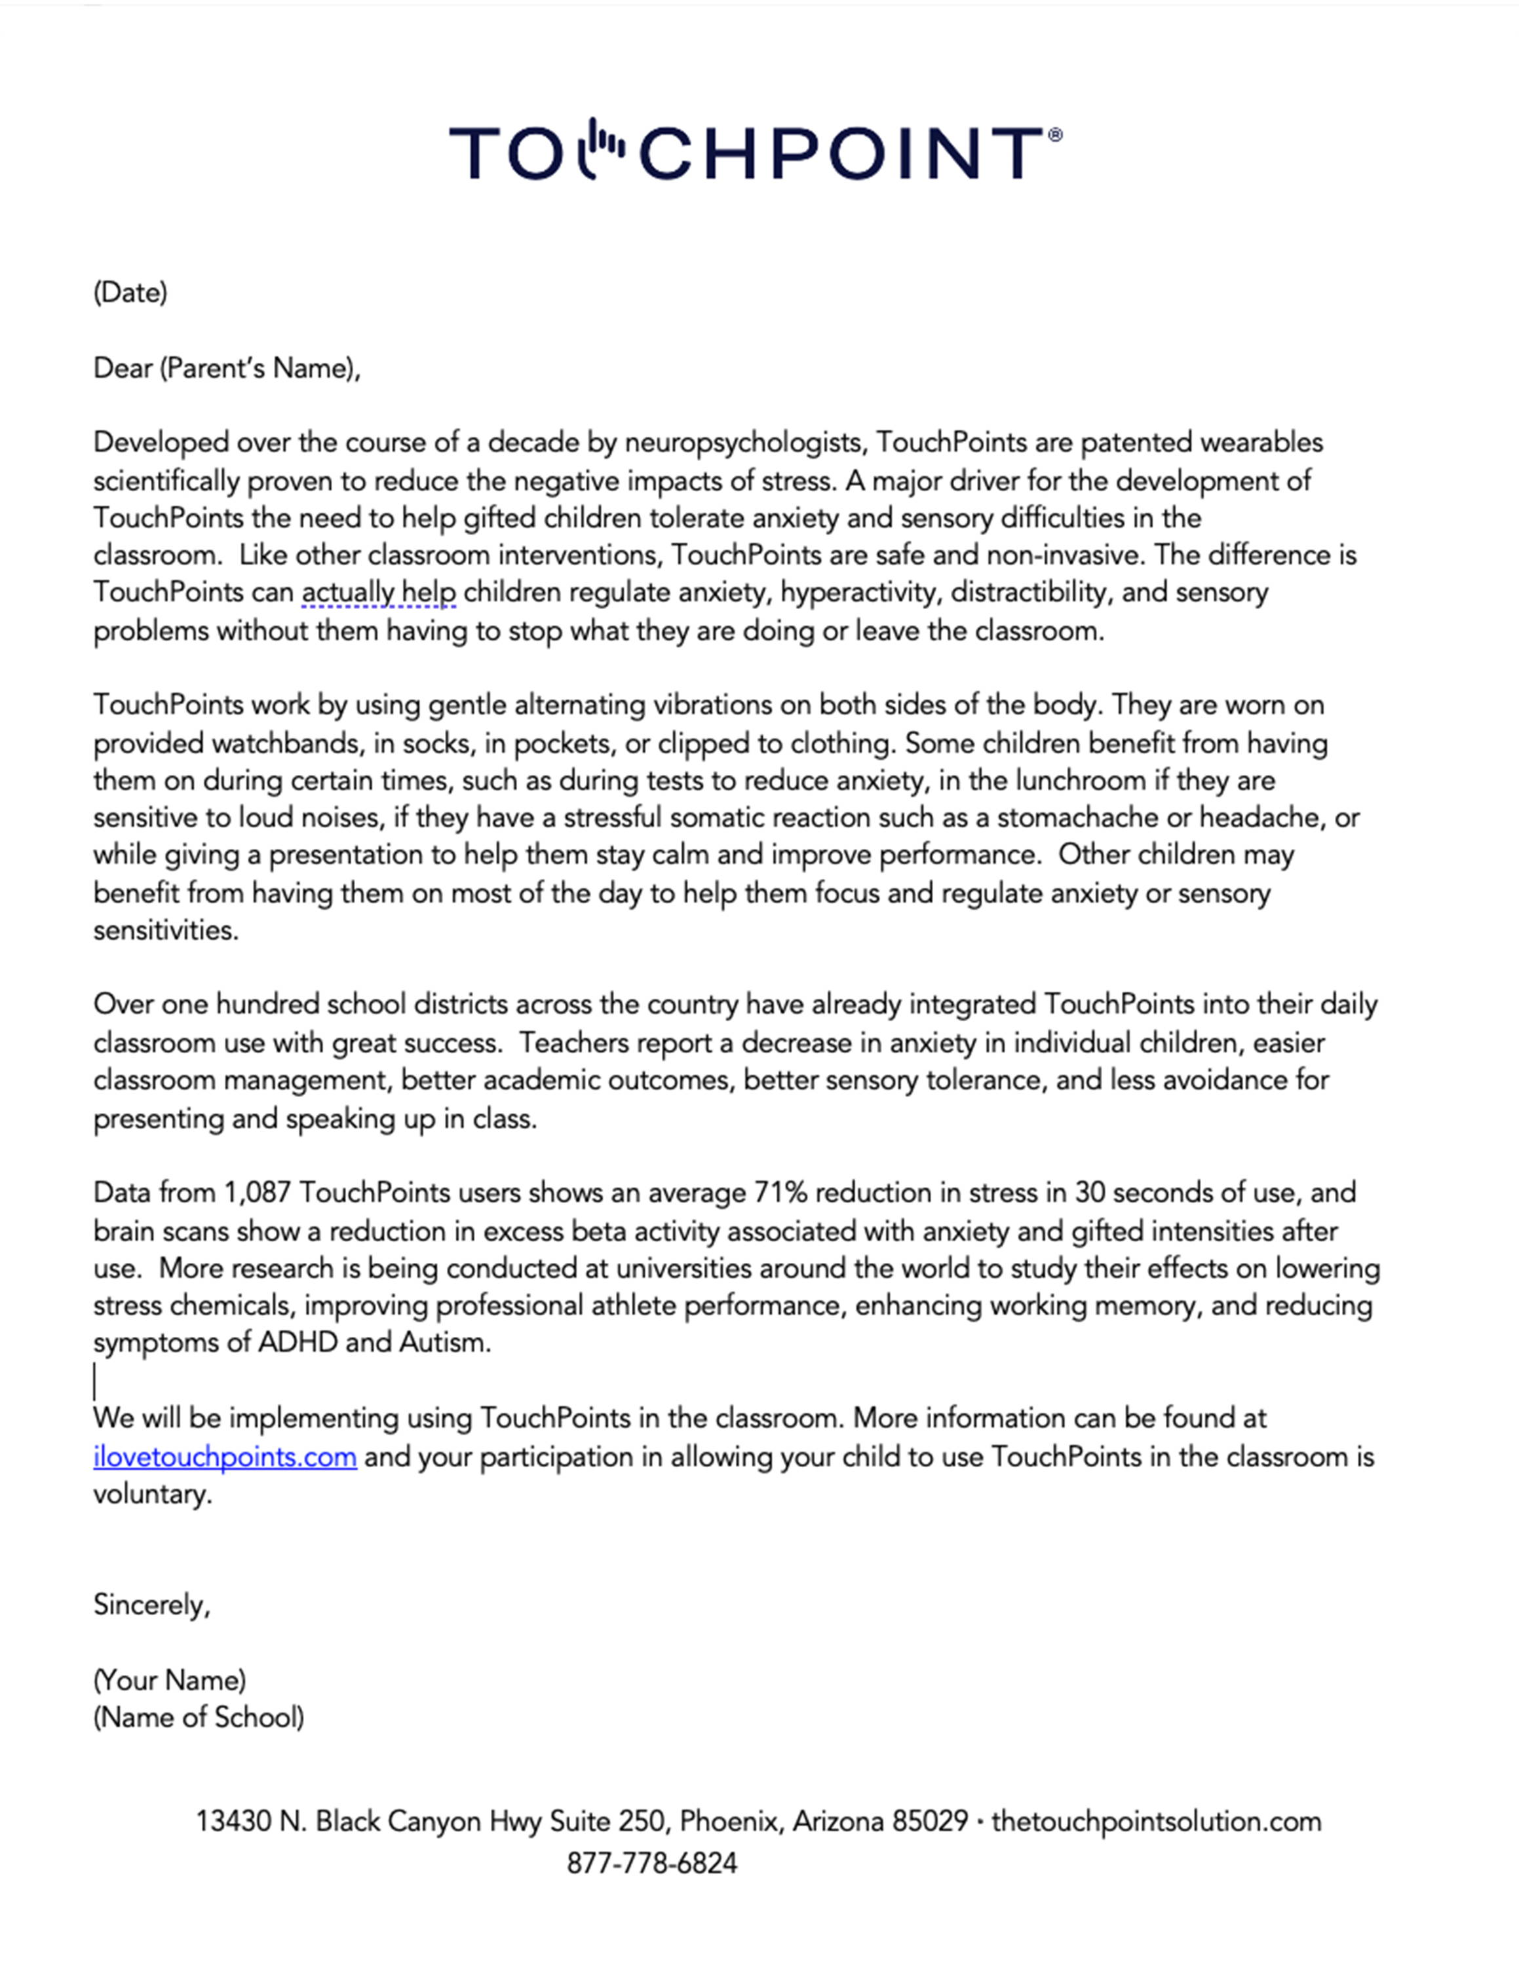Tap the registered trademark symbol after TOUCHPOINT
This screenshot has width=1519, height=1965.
[1056, 135]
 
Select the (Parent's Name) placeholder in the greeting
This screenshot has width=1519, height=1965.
[259, 368]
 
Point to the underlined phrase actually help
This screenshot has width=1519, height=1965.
[379, 593]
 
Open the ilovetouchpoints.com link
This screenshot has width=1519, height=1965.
[225, 1457]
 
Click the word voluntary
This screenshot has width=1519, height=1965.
[151, 1495]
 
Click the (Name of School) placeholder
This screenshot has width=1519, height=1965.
[199, 1717]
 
